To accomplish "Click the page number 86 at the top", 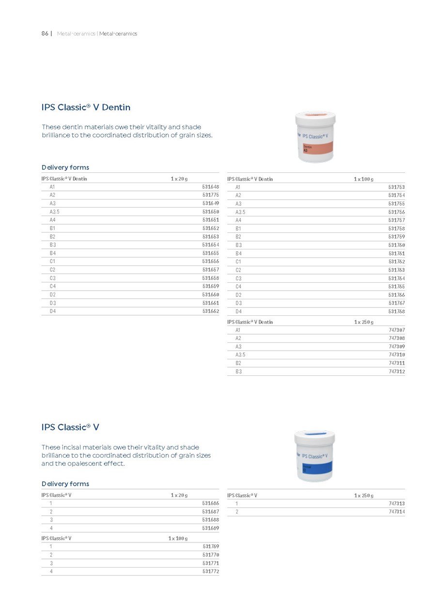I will pyautogui.click(x=45, y=33).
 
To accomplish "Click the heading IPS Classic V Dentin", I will pyautogui.click(x=86, y=107).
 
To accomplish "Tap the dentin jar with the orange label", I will pyautogui.click(x=315, y=138).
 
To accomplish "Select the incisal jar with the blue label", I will pyautogui.click(x=314, y=456).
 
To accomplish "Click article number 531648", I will pyautogui.click(x=211, y=186).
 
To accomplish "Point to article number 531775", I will pyautogui.click(x=211, y=195).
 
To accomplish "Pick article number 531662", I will pyautogui.click(x=211, y=311).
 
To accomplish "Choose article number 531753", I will pyautogui.click(x=396, y=187).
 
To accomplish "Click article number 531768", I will pyautogui.click(x=396, y=311).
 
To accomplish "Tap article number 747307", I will pyautogui.click(x=396, y=330).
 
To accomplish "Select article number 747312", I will pyautogui.click(x=396, y=371).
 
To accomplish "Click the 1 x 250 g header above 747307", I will pyautogui.click(x=363, y=322).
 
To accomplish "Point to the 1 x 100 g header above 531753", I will pyautogui.click(x=363, y=179).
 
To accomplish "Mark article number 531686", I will pyautogui.click(x=211, y=504).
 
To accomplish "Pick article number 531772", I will pyautogui.click(x=211, y=571).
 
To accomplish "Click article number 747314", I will pyautogui.click(x=396, y=512).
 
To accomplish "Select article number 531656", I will pyautogui.click(x=211, y=261).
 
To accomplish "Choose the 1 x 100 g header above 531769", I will pyautogui.click(x=178, y=538).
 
